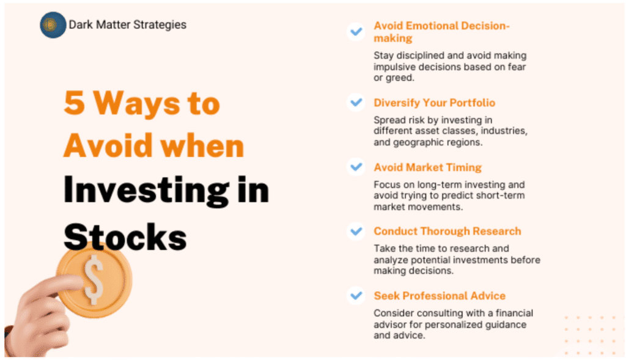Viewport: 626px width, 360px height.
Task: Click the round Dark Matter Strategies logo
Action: click(53, 24)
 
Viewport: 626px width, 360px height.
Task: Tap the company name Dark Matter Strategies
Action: click(127, 24)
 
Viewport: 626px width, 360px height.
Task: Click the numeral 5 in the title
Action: click(74, 103)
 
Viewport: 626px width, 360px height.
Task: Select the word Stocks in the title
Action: click(125, 237)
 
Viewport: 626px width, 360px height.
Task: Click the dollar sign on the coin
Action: click(94, 279)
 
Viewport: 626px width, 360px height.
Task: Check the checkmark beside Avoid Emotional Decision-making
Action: click(356, 31)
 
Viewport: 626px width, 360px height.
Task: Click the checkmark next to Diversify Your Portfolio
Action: click(356, 103)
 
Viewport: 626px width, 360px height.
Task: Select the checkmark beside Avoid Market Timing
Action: click(356, 167)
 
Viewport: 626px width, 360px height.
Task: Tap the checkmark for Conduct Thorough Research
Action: click(356, 231)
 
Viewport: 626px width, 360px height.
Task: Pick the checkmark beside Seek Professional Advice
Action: click(356, 296)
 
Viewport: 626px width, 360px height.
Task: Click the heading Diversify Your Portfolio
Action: click(435, 103)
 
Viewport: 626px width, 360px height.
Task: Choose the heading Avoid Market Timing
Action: click(427, 167)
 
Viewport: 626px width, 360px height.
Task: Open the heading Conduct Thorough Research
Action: click(447, 232)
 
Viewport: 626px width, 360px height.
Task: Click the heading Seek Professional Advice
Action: click(440, 296)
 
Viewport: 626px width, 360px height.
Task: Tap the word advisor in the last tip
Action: click(390, 325)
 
